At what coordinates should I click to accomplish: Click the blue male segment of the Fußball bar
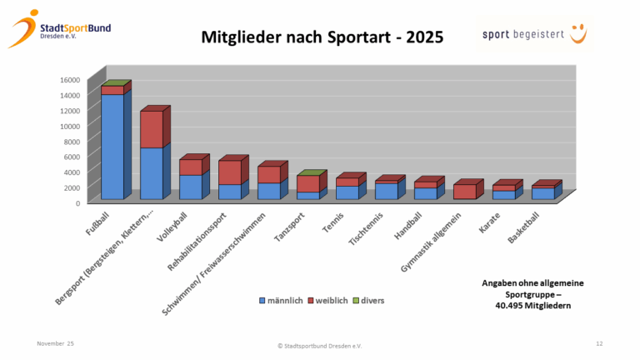[112, 147]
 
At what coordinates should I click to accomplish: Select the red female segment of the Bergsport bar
[151, 129]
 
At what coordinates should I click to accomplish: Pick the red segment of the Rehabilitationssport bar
[229, 172]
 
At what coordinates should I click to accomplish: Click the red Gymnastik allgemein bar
[464, 192]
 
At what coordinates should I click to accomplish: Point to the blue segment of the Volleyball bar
[190, 187]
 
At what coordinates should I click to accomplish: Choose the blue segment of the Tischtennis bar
[386, 191]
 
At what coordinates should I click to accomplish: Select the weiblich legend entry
[332, 299]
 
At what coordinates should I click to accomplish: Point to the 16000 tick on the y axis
[70, 80]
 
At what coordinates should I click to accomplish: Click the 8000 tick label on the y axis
[72, 142]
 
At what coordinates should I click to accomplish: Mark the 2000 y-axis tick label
[72, 187]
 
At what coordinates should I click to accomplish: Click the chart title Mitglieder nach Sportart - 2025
[322, 37]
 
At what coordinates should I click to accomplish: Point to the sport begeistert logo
[533, 36]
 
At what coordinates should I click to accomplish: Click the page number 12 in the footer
[599, 343]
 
